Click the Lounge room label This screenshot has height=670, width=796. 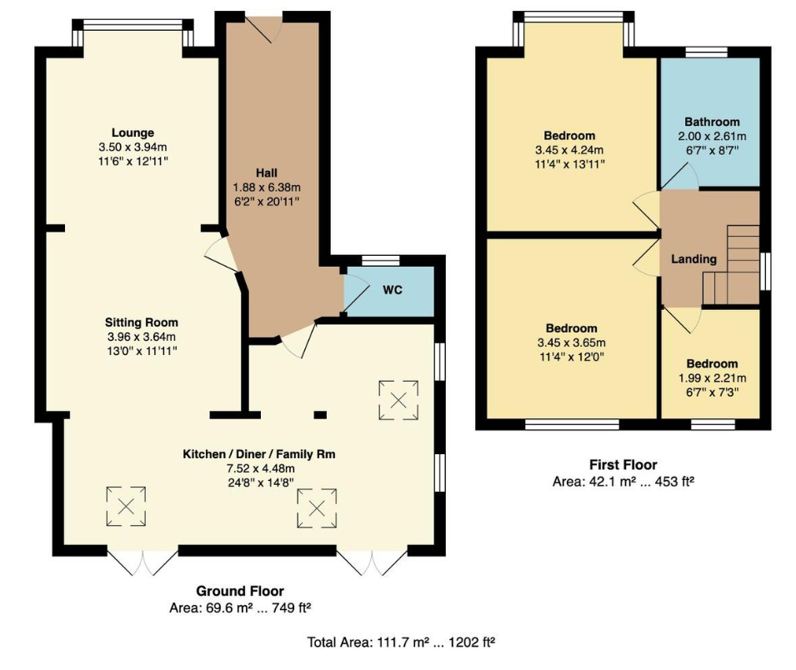click(133, 132)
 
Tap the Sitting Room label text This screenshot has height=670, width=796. click(141, 322)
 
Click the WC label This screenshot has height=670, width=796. click(393, 291)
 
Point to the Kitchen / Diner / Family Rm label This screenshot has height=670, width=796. click(258, 454)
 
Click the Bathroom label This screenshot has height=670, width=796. click(712, 122)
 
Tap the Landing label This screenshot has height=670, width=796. click(694, 259)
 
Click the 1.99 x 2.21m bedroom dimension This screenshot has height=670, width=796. click(712, 377)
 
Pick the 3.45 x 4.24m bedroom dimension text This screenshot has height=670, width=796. click(570, 150)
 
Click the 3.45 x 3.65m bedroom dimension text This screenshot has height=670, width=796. click(571, 342)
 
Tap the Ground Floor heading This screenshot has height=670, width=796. click(240, 591)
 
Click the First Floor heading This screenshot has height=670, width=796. click(623, 465)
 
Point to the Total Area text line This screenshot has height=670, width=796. click(402, 642)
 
